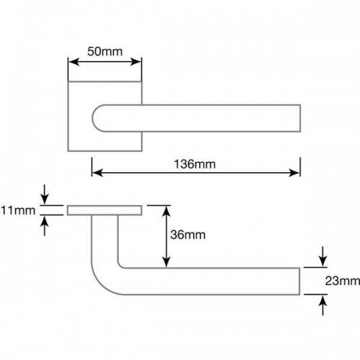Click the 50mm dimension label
[x=105, y=51]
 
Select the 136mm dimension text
[x=194, y=164]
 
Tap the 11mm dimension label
[x=18, y=210]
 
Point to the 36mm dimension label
[x=188, y=235]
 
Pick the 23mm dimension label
[x=343, y=281]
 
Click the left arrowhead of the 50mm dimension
[x=74, y=62]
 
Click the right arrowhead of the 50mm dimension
[x=135, y=62]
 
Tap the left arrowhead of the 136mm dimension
[x=97, y=173]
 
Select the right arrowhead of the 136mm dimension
[x=294, y=173]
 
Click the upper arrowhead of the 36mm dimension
[x=166, y=211]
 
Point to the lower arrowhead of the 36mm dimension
[x=166, y=261]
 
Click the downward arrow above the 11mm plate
[x=45, y=194]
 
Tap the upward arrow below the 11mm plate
[x=45, y=226]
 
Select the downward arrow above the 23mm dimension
[x=323, y=256]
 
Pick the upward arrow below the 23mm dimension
[x=323, y=305]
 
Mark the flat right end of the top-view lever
[x=300, y=118]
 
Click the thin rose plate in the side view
[x=104, y=210]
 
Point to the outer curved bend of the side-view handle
[x=101, y=283]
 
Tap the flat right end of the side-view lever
[x=300, y=281]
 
